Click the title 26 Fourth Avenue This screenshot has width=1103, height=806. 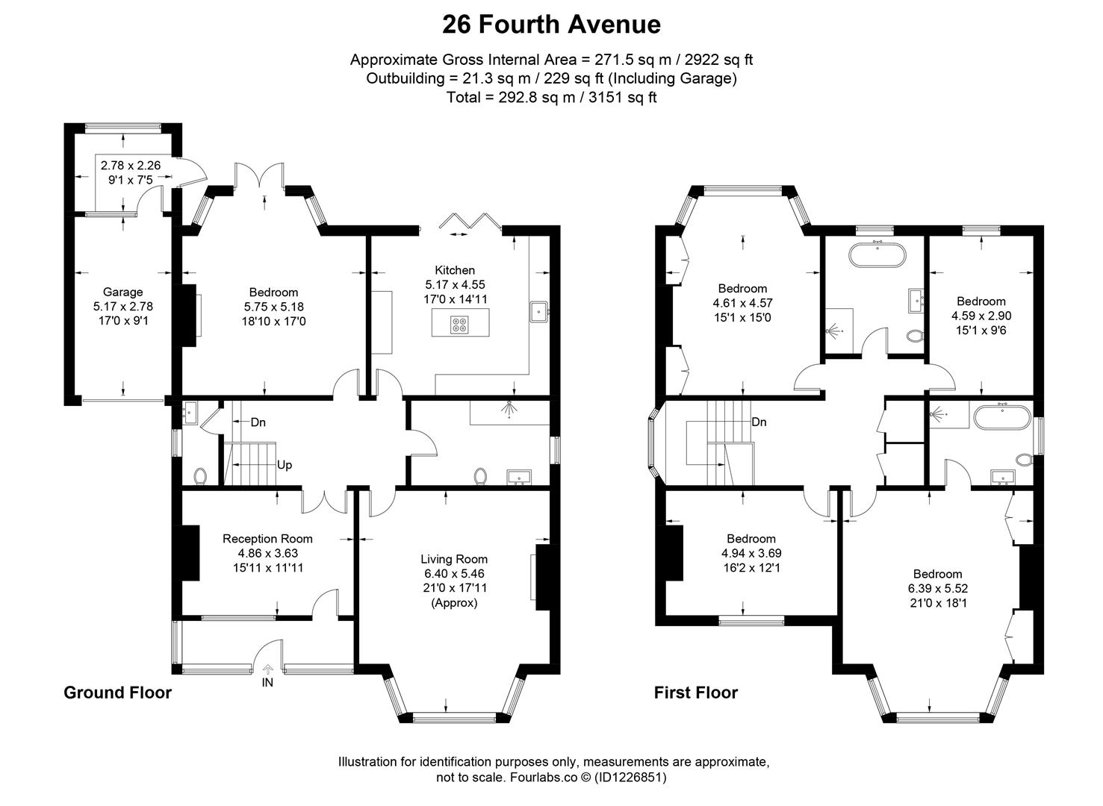point(551,25)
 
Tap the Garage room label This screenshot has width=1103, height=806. point(122,293)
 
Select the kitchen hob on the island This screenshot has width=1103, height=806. point(459,325)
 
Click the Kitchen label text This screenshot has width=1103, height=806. point(455,270)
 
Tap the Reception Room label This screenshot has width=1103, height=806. point(267,539)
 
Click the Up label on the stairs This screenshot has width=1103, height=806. point(285,465)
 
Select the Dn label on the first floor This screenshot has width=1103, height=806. point(759,422)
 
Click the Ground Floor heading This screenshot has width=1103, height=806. point(117,693)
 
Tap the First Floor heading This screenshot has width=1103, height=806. point(695,693)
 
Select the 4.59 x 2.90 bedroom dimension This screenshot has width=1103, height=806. point(981,316)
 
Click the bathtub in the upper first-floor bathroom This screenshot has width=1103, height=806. point(877,255)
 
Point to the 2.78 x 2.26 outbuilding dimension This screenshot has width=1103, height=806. point(131,166)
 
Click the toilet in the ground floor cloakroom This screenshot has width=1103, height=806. point(200,475)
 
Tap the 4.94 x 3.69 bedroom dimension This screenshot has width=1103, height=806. point(751,553)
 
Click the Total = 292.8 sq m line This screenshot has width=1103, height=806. point(551,97)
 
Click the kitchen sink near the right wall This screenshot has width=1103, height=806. point(538,312)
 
